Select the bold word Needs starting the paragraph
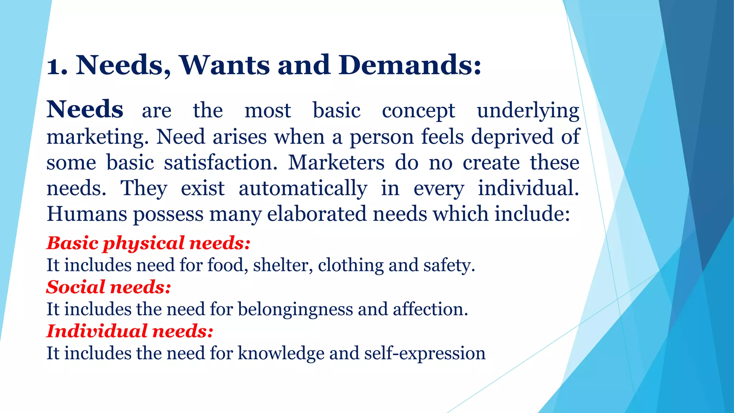(85, 109)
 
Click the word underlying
(528, 111)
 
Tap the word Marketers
(336, 163)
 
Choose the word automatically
(303, 189)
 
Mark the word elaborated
(317, 214)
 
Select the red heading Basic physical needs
(148, 243)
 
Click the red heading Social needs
(109, 287)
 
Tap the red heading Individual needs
(130, 331)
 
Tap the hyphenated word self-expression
(425, 353)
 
